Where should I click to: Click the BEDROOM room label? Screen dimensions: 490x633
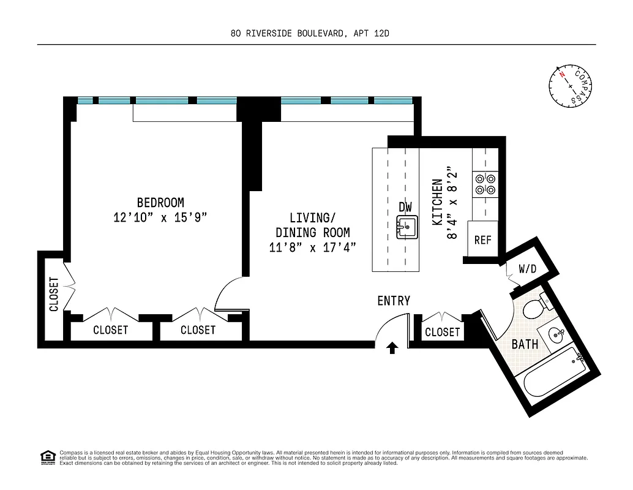[160, 202]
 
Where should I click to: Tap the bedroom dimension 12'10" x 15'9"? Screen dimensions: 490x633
[160, 217]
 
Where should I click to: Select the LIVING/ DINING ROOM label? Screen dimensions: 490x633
[313, 225]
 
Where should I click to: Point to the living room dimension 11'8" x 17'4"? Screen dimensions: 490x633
[313, 247]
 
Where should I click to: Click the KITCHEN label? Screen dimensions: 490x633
[438, 202]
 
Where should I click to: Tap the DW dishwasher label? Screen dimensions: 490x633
[405, 207]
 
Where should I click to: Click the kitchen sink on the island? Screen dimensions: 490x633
[406, 227]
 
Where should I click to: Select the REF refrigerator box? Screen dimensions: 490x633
[482, 240]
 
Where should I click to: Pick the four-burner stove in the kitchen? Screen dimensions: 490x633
[485, 184]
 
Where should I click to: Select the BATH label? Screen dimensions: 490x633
[525, 344]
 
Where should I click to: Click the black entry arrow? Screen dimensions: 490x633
[392, 348]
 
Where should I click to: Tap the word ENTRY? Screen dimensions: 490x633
[394, 301]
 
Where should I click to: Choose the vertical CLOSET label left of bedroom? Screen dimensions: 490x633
[54, 294]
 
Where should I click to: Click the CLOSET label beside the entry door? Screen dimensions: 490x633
[442, 332]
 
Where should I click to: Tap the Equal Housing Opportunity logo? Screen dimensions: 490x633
[47, 457]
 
